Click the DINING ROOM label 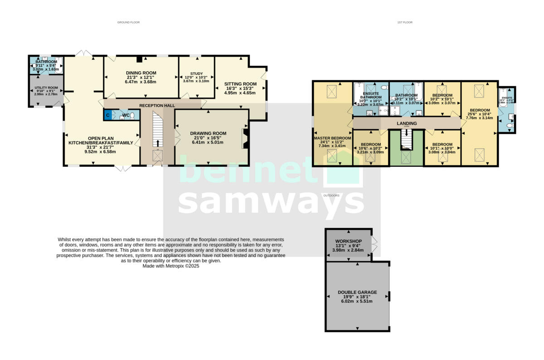point(141,73)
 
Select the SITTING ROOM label point(240,84)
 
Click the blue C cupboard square point(107,116)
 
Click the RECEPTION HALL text point(157,105)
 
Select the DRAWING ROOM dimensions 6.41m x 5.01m point(211,142)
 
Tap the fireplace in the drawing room point(245,139)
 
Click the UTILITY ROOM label point(46,88)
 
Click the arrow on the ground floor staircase point(158,143)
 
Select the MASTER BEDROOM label point(332,138)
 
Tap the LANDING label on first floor point(407,123)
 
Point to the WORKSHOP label point(348,241)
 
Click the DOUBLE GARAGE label point(357,292)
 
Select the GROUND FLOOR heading point(128,22)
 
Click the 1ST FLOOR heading point(405,22)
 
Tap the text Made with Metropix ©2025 point(171,267)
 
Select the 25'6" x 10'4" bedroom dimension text point(479,114)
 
